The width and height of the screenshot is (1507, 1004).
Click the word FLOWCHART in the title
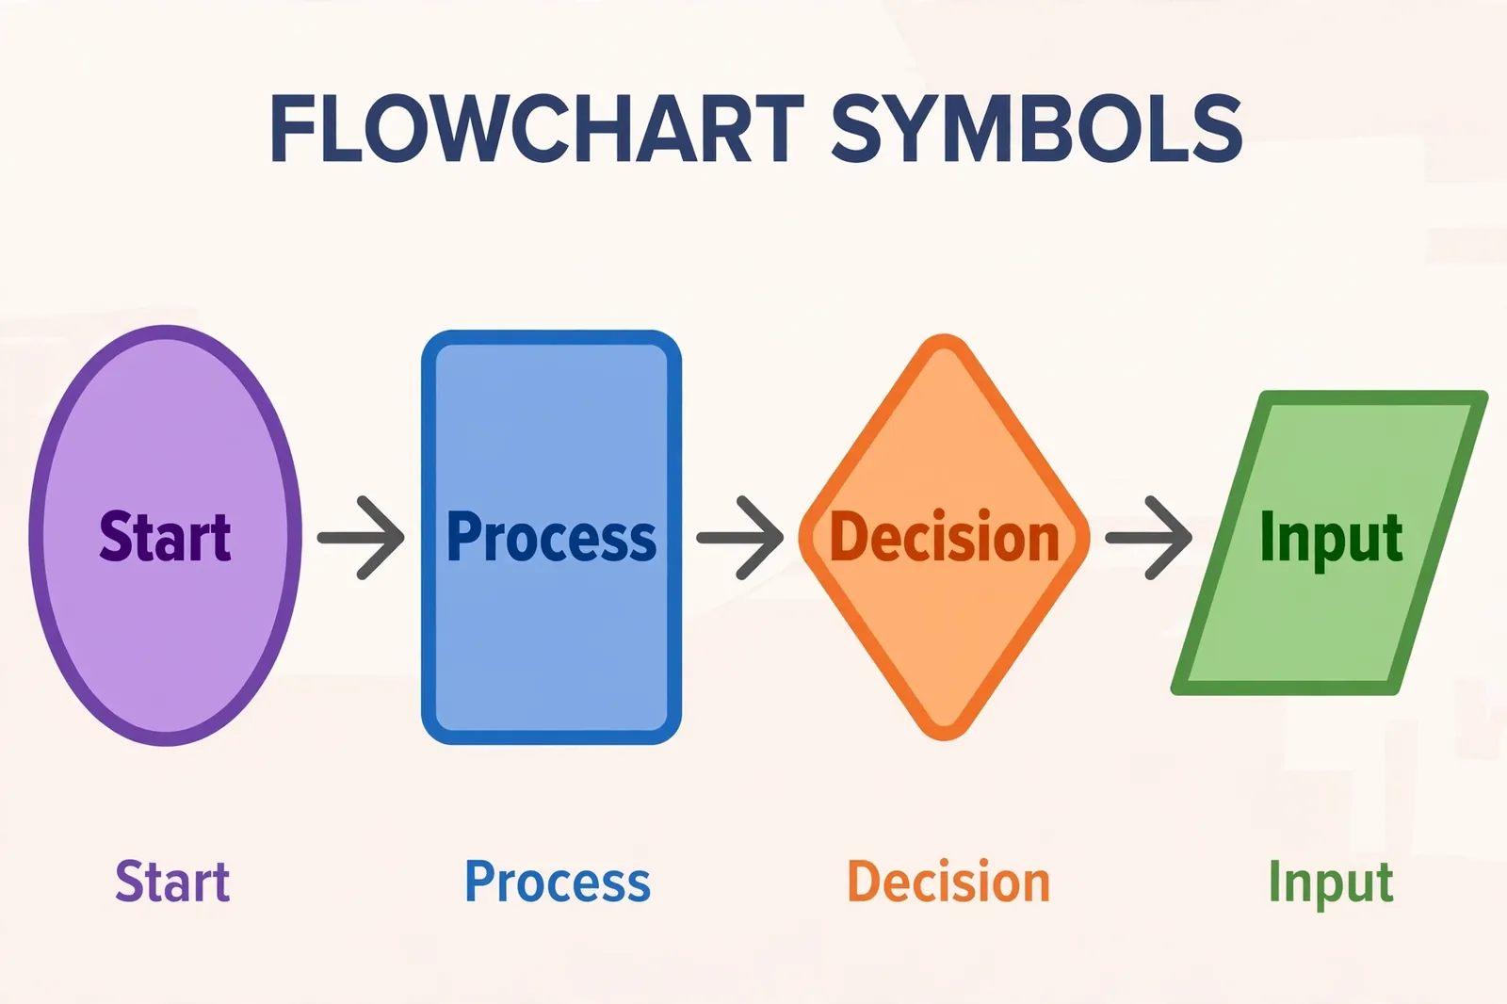[538, 128]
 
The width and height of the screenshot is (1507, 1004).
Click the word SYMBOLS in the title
[1037, 128]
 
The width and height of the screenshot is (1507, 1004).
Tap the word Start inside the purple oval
[165, 536]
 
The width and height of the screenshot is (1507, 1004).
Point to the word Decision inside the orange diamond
[945, 536]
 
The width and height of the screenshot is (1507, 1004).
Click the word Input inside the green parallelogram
[1332, 541]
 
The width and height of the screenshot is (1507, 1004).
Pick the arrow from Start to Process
[362, 538]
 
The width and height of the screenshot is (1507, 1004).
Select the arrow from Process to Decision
[740, 538]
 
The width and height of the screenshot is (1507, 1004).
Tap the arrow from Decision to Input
[1149, 538]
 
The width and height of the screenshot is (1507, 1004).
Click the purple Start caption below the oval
[172, 881]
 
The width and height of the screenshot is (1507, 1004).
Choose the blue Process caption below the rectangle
[558, 881]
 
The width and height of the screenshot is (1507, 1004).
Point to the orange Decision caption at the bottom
[948, 881]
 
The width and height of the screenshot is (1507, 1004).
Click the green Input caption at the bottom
[1331, 884]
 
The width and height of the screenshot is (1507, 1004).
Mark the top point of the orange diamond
[944, 336]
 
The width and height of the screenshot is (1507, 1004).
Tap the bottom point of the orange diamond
[944, 738]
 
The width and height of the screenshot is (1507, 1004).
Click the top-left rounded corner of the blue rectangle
[429, 338]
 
